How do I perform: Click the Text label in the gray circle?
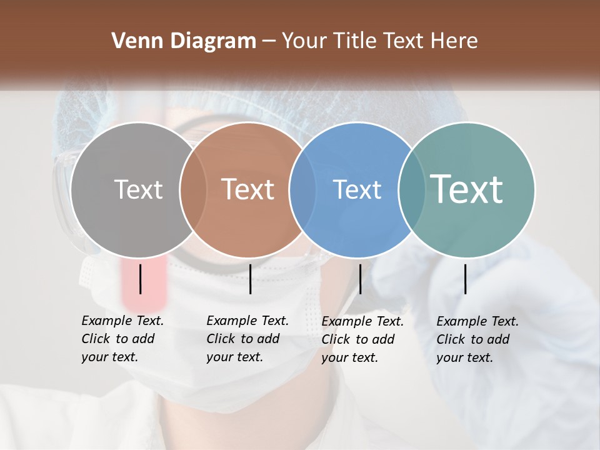point(138,189)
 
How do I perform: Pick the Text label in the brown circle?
point(248,189)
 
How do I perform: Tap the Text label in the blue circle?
point(357,189)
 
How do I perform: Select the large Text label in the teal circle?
point(467,189)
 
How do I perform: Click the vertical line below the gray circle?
point(141,279)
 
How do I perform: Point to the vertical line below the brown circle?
point(251,279)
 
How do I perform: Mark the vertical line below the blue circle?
point(361,279)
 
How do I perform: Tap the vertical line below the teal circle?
point(466,279)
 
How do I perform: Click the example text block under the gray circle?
point(122,339)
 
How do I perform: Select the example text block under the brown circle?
point(247,339)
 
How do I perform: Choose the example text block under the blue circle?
point(362,339)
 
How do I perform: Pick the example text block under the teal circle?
point(477,339)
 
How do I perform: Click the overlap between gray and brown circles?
point(193,189)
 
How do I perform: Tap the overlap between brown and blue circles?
point(302,189)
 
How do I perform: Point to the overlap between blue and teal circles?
point(411,189)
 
